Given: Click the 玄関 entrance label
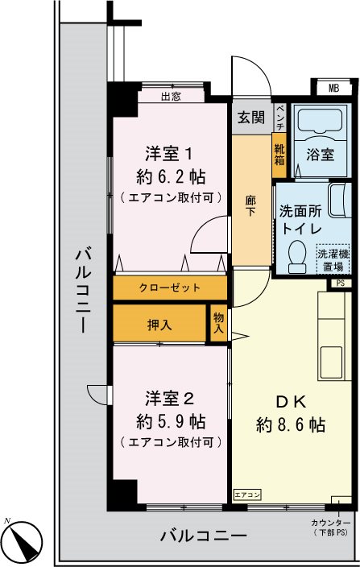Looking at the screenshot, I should click(x=250, y=118).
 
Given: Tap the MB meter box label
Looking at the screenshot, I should click(x=333, y=88).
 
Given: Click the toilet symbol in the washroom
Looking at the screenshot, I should click(x=296, y=254).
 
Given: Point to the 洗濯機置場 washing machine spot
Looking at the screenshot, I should click(x=333, y=259).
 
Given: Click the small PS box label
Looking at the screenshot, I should click(x=340, y=283).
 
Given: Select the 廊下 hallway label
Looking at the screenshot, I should click(x=251, y=205).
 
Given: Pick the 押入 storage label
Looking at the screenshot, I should click(x=159, y=325).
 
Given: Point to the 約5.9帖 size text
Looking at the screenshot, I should click(x=170, y=421).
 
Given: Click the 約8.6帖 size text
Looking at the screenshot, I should click(x=291, y=424).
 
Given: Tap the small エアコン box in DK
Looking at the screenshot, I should click(x=246, y=494).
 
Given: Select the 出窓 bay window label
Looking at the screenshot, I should click(x=170, y=97).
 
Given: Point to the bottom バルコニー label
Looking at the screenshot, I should click(x=202, y=535).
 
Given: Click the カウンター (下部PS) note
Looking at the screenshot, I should click(x=333, y=528).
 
